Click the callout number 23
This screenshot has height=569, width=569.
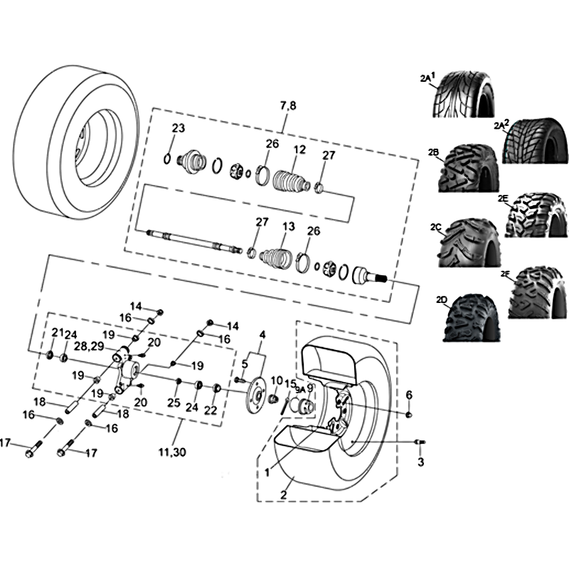click(x=179, y=128)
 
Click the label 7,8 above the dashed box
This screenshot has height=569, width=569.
click(x=288, y=105)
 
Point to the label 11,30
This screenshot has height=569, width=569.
click(x=172, y=452)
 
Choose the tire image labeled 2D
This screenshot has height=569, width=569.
click(x=472, y=317)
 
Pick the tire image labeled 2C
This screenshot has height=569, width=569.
click(x=470, y=242)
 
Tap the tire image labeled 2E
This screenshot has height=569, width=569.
click(x=536, y=216)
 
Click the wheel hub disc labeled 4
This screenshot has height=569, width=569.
click(x=255, y=395)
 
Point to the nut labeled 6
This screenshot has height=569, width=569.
click(x=409, y=415)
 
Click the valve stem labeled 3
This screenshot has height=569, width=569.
click(x=420, y=442)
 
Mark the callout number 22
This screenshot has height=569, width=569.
click(x=211, y=410)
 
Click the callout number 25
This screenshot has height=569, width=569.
click(x=174, y=402)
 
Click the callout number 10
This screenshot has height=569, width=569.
click(x=277, y=381)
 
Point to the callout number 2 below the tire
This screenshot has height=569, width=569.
click(x=283, y=494)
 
